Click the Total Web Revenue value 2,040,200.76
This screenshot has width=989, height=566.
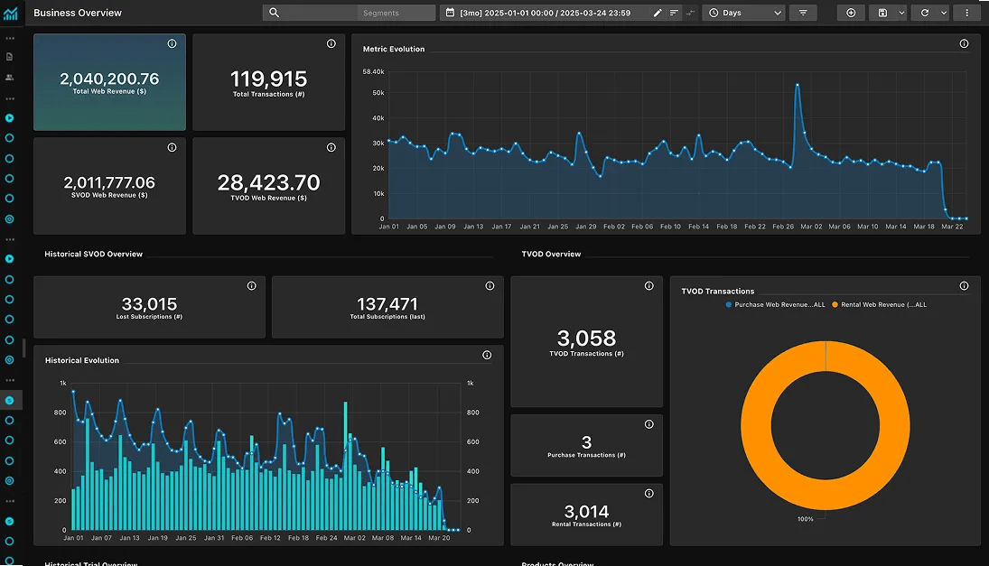(109, 79)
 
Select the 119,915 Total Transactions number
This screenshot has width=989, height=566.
(268, 79)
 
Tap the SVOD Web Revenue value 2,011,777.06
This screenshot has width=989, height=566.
(109, 182)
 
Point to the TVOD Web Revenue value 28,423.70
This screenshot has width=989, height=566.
(268, 182)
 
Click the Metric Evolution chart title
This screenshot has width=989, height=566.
(394, 49)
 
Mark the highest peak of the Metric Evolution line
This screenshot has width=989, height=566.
(798, 85)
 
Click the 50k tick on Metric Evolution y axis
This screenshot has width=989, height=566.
(378, 93)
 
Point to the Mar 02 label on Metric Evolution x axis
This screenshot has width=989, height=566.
(812, 227)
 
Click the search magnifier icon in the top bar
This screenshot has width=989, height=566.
(275, 13)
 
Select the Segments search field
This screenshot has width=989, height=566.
(396, 13)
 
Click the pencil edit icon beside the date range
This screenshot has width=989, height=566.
(658, 13)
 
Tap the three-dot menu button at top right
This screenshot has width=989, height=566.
(967, 13)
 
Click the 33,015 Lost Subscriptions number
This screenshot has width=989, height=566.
(149, 304)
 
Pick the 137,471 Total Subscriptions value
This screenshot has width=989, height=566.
(387, 304)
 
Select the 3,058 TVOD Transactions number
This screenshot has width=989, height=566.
(586, 339)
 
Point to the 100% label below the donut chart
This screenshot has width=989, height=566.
(806, 519)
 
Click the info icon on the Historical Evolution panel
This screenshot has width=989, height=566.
(487, 355)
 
